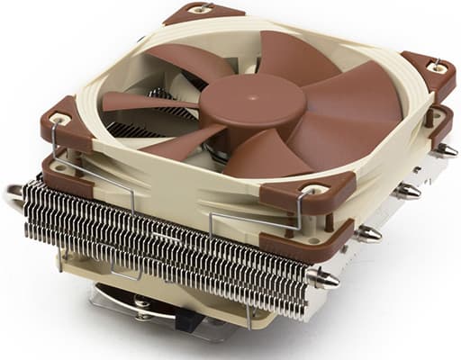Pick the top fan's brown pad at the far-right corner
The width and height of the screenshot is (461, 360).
pos(429,71)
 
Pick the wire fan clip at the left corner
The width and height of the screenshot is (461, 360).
pos(56,153)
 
